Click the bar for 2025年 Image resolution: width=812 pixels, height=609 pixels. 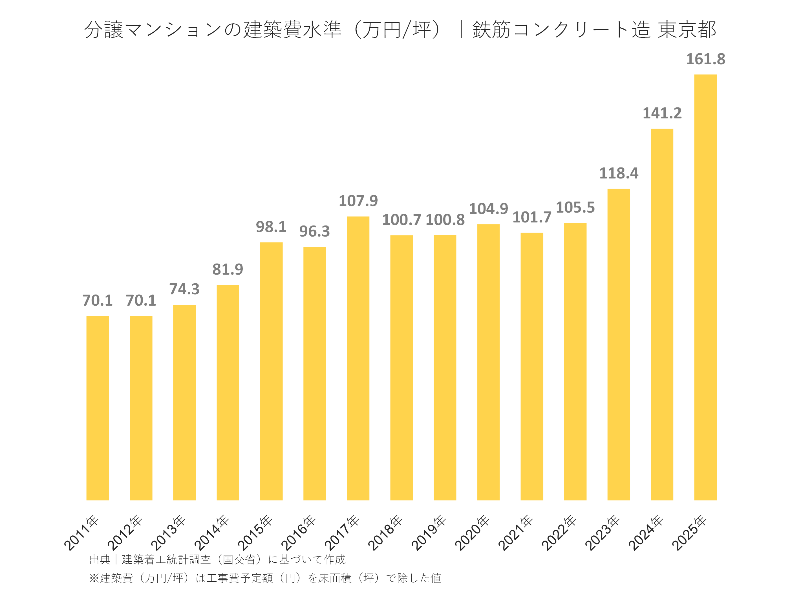[x=705, y=287]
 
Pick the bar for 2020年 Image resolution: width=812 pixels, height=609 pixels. [x=488, y=362]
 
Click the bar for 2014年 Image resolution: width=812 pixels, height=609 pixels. [x=228, y=392]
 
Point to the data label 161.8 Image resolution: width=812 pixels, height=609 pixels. [x=705, y=59]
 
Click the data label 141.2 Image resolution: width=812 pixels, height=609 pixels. [x=662, y=113]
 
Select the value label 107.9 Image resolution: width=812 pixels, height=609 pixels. [x=358, y=201]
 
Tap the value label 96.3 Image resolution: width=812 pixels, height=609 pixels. [x=315, y=231]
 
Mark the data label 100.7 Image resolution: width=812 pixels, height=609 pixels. [x=401, y=220]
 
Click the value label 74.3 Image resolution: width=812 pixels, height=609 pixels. [x=184, y=289]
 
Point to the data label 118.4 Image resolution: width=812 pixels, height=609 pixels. [x=619, y=173]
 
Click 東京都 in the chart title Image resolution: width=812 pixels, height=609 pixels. [x=687, y=30]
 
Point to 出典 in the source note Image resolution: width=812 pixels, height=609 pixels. [x=100, y=559]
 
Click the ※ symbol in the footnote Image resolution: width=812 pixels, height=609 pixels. [x=94, y=578]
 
